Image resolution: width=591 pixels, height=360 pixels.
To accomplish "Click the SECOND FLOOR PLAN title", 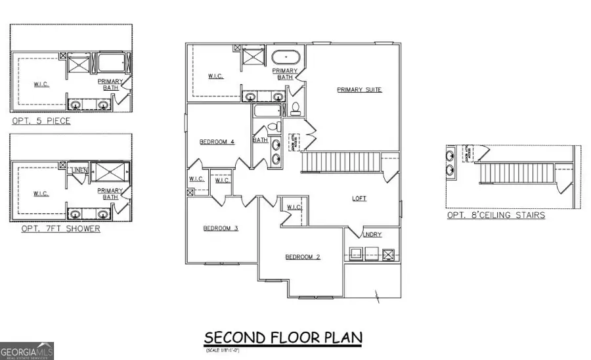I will coord(283,338).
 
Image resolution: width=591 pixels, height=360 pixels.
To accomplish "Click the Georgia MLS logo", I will coord(27,350).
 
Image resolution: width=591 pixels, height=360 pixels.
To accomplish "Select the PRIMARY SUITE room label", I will coord(359,90).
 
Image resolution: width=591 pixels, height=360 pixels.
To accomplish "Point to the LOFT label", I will coord(359,198).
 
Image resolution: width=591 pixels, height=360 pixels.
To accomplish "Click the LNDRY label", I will coord(372,235).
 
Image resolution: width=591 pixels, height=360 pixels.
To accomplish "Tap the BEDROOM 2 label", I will coord(302,257).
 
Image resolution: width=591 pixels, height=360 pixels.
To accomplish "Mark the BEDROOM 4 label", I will coord(217,141).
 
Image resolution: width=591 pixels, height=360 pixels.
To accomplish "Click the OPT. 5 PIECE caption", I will coord(41,122).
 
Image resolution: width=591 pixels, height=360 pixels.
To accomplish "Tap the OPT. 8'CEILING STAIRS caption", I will coord(495,215).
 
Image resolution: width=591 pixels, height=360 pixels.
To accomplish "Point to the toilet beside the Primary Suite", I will coord(295,108).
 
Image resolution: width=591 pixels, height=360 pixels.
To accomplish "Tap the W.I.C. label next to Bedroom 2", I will coord(294,207).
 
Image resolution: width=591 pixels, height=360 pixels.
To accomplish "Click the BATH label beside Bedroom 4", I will coord(260,139).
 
